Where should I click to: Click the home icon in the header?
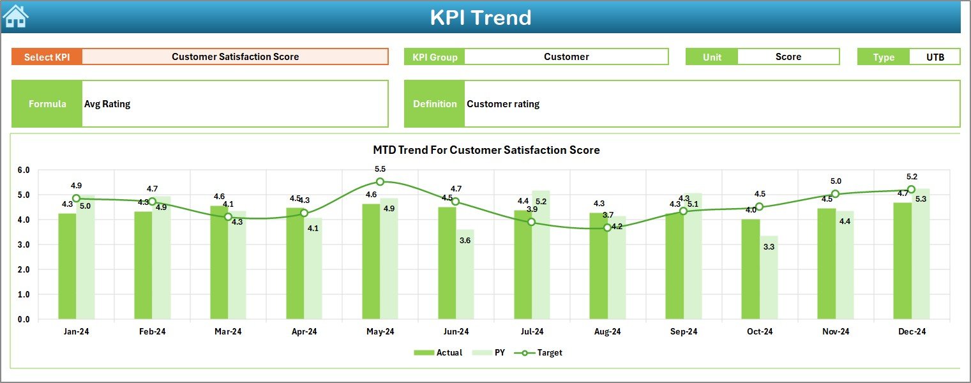coord(16,17)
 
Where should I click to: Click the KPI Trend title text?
coord(480,17)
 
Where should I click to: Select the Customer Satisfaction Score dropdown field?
coord(235,57)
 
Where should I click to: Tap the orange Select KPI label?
coord(47,57)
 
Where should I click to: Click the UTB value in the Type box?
coord(935,57)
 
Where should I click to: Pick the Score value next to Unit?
coord(788,57)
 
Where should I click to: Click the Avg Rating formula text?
coord(107,104)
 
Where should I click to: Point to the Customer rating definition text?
coord(502,104)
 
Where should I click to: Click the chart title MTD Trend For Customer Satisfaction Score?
coord(486,150)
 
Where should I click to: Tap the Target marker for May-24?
coord(380,182)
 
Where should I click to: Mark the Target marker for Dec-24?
coord(911,190)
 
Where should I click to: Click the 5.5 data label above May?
coord(380,169)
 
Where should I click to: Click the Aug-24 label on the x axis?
coord(607,332)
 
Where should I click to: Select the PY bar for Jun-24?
coord(465,274)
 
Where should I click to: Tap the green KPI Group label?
coord(435,57)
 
